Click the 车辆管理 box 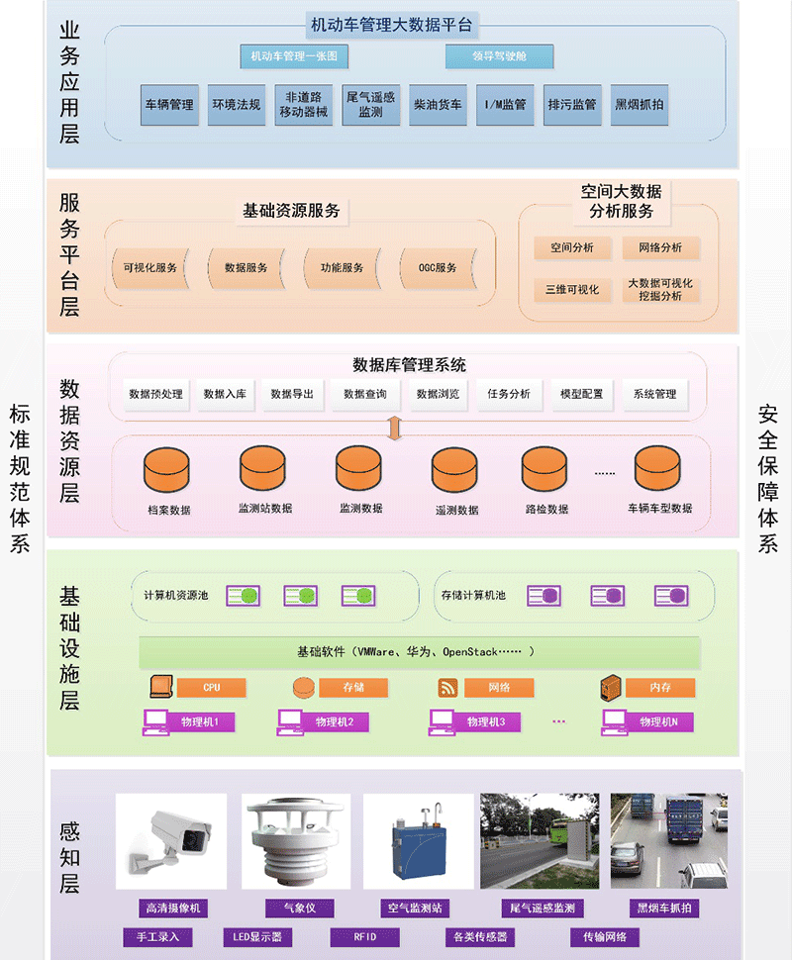pyautogui.click(x=169, y=104)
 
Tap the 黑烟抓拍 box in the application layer pyautogui.click(x=640, y=104)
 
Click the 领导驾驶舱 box pyautogui.click(x=499, y=56)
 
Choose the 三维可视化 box pyautogui.click(x=572, y=289)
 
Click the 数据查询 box pyautogui.click(x=365, y=394)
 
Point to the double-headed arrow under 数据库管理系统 pyautogui.click(x=394, y=427)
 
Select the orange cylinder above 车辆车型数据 pyautogui.click(x=658, y=469)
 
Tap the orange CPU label pyautogui.click(x=211, y=687)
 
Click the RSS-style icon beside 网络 pyautogui.click(x=447, y=687)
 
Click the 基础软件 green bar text pyautogui.click(x=420, y=652)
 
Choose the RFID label pyautogui.click(x=365, y=936)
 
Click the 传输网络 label pyautogui.click(x=605, y=936)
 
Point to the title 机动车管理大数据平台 pyautogui.click(x=392, y=25)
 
